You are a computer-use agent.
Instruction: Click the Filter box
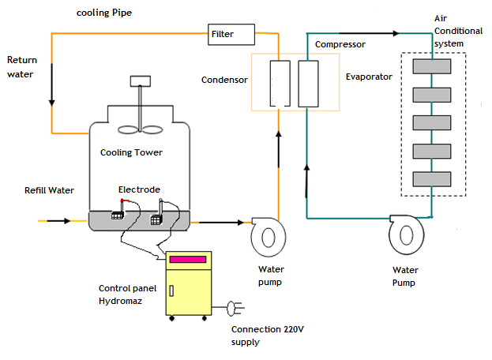[232, 34]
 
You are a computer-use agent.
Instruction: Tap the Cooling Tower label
[131, 152]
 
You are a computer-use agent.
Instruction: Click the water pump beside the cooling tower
[266, 234]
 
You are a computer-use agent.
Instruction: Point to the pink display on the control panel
[188, 260]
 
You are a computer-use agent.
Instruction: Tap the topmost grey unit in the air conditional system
[431, 66]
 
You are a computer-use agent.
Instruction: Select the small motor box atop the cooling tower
[140, 80]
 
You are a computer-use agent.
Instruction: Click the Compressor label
[340, 45]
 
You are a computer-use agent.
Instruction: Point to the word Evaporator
[369, 77]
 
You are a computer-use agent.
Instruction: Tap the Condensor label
[224, 80]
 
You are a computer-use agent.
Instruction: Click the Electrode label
[139, 189]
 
